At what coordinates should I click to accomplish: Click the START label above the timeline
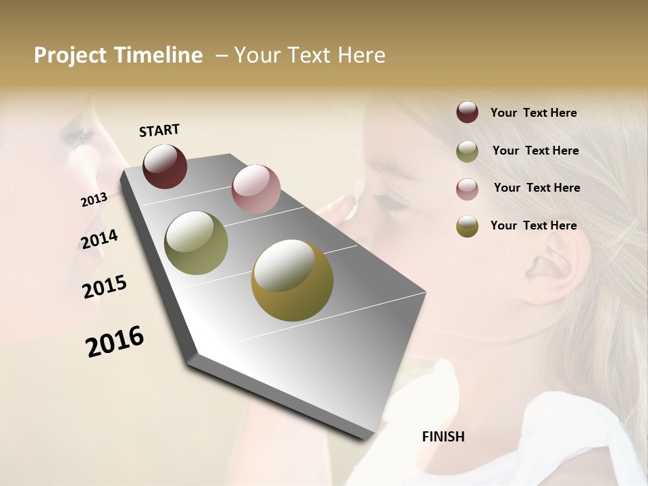tap(159, 130)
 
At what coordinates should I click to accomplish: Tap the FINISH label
tap(443, 437)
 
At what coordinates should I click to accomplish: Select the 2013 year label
tap(94, 200)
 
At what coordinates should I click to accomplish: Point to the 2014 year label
tap(99, 240)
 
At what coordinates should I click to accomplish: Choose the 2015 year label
tap(104, 287)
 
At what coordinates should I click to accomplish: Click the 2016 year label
tap(115, 341)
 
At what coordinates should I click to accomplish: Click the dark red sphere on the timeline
tap(165, 166)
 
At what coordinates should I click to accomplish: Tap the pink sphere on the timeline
tap(256, 188)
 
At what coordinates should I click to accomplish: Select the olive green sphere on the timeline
tap(196, 243)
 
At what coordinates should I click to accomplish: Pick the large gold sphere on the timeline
tap(292, 280)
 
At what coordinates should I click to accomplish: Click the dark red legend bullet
tap(467, 112)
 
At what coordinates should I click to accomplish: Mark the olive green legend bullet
tap(467, 151)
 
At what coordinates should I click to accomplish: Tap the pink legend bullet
tap(467, 188)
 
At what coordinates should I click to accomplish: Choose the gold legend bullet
tap(467, 226)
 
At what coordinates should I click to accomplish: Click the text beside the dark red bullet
tap(533, 113)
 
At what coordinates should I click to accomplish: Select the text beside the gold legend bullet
tap(533, 225)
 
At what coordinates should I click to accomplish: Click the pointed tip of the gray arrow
tap(194, 355)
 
